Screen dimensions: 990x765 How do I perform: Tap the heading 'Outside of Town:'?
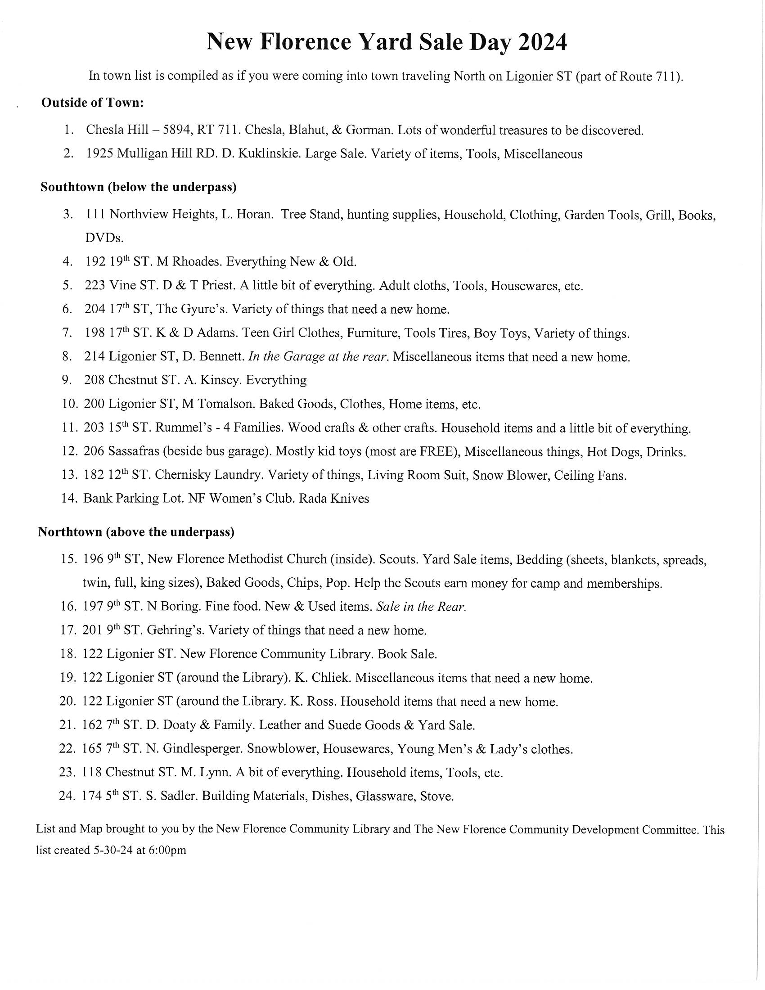point(92,103)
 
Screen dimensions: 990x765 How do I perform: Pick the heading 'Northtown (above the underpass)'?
point(136,532)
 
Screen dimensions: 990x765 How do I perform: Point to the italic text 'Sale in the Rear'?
point(421,607)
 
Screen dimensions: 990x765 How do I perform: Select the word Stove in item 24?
point(436,796)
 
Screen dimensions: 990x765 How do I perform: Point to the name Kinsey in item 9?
point(219,380)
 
